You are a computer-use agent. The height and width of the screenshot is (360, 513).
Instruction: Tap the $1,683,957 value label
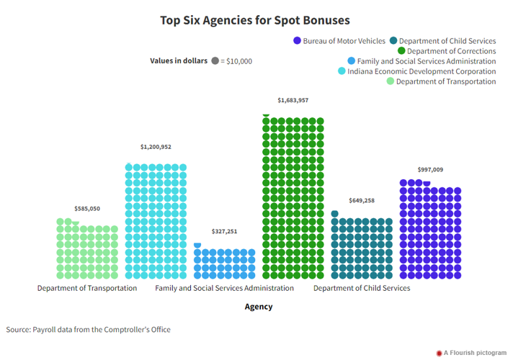(293, 100)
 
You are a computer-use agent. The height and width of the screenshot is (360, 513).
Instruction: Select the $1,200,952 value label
(156, 147)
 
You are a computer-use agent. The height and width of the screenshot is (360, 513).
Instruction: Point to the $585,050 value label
(87, 209)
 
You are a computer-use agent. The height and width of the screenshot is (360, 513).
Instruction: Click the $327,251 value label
(224, 231)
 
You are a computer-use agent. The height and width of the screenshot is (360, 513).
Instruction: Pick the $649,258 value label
(361, 201)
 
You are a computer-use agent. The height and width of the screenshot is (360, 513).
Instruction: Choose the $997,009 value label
(430, 170)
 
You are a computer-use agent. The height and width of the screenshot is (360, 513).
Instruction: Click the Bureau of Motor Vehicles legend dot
(297, 41)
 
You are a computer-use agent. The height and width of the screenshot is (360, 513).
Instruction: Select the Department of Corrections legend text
(451, 51)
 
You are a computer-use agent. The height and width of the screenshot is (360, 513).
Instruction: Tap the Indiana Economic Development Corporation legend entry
(421, 71)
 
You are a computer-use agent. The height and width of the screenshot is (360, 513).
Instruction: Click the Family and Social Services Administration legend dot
(351, 61)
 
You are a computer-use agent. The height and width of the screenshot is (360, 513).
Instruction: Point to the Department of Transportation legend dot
(391, 81)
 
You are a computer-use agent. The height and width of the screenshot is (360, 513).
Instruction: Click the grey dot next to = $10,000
(215, 61)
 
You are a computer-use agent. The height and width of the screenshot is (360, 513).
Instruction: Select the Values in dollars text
(179, 61)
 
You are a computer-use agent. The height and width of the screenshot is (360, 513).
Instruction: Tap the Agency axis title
(259, 307)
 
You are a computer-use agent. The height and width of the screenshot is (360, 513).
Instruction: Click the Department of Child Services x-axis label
(361, 288)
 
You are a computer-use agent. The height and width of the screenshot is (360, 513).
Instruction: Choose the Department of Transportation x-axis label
(87, 288)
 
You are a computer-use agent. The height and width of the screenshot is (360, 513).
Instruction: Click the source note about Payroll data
(89, 330)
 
